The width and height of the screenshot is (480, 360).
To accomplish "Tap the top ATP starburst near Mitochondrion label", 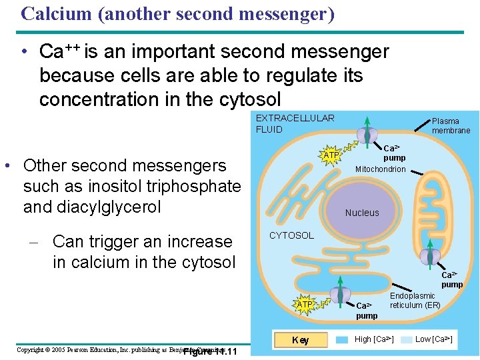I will (331, 155).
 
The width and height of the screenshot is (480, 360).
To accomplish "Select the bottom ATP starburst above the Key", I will (305, 305).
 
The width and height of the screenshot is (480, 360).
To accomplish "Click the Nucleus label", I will (362, 213).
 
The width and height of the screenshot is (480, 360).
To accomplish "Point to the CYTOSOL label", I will (291, 235).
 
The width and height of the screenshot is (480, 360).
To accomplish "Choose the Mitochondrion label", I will (380, 169).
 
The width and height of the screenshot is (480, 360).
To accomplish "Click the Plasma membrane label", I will (451, 126).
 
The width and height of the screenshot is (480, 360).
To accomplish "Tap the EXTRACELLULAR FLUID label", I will (295, 123).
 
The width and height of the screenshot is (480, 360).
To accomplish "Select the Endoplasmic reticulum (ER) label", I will (415, 301).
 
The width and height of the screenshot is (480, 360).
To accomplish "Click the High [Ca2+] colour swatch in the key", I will (343, 340).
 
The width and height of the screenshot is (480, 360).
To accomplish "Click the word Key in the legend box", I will (301, 341).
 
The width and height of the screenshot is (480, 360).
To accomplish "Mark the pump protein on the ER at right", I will (430, 255).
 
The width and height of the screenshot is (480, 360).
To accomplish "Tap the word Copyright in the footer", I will (30, 350).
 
